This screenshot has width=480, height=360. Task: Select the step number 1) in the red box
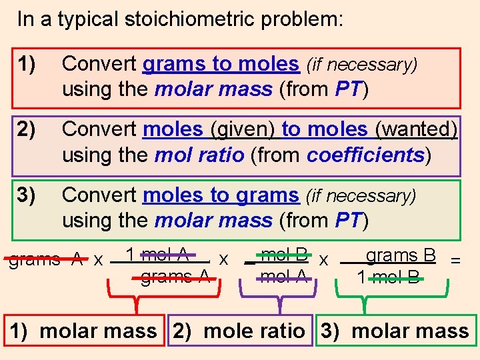point(28,64)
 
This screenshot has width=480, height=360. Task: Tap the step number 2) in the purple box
point(28,129)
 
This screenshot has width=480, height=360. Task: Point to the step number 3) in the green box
point(28,195)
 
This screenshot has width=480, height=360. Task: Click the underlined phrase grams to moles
point(221,64)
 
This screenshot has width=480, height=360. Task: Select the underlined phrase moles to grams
point(221,195)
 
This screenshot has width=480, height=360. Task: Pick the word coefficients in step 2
point(365,155)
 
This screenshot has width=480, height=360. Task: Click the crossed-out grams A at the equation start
point(45,259)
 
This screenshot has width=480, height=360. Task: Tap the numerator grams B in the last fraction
point(401,255)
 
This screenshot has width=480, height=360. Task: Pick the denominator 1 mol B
point(389,277)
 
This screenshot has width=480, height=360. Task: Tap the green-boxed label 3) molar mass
point(393,331)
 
